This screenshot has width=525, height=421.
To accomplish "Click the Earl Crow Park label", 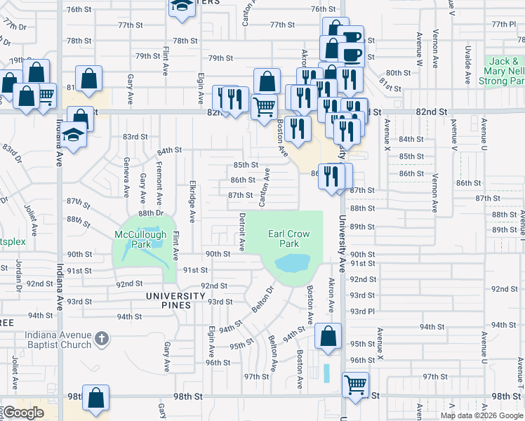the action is [x=284, y=239].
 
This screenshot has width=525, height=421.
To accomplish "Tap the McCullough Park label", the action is [x=141, y=239].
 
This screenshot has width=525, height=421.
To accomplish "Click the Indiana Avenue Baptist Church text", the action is [x=58, y=340].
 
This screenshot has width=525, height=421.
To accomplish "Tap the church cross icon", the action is [x=102, y=339].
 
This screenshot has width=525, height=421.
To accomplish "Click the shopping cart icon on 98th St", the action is [x=356, y=385].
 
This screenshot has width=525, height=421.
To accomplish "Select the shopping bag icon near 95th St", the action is [x=328, y=336].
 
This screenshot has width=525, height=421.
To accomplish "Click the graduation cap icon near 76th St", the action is [x=182, y=6].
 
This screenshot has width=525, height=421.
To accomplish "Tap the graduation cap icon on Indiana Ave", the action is [x=74, y=133].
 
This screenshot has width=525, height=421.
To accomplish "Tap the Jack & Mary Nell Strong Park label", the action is [x=503, y=72].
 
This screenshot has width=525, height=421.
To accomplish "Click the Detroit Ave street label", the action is [x=241, y=232].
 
